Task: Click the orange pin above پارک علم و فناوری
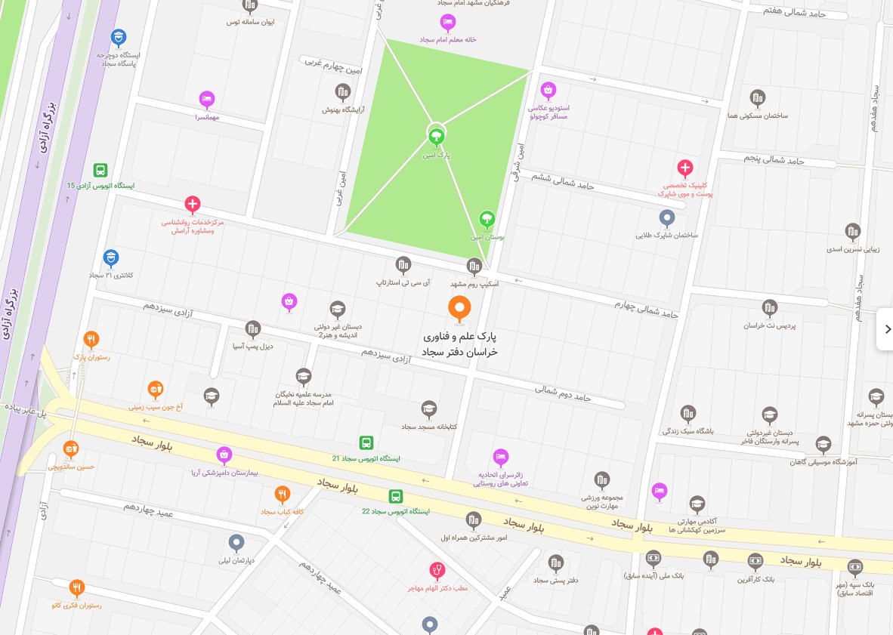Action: point(459,307)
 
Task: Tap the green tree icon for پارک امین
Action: point(435,137)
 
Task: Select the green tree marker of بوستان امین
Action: point(487,219)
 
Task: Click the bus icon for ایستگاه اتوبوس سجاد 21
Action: point(366,442)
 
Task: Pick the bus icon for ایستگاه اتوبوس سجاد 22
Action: point(395,496)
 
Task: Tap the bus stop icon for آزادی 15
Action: point(100,171)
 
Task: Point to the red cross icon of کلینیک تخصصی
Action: point(684,168)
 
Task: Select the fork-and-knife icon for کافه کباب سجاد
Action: point(282,495)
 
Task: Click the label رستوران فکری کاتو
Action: point(76,606)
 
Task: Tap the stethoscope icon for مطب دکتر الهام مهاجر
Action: point(437,569)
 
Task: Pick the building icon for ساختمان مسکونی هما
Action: point(757,97)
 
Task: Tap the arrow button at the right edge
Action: point(887,329)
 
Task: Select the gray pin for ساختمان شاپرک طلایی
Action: point(666,218)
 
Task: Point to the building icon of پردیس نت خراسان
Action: point(769,307)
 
